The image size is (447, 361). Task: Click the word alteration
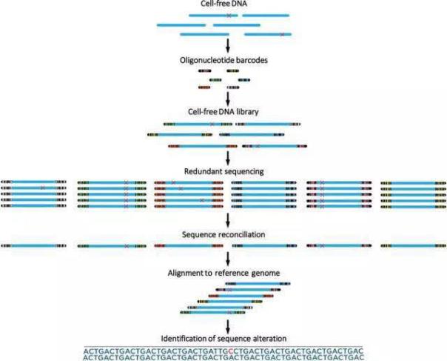click(272, 338)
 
